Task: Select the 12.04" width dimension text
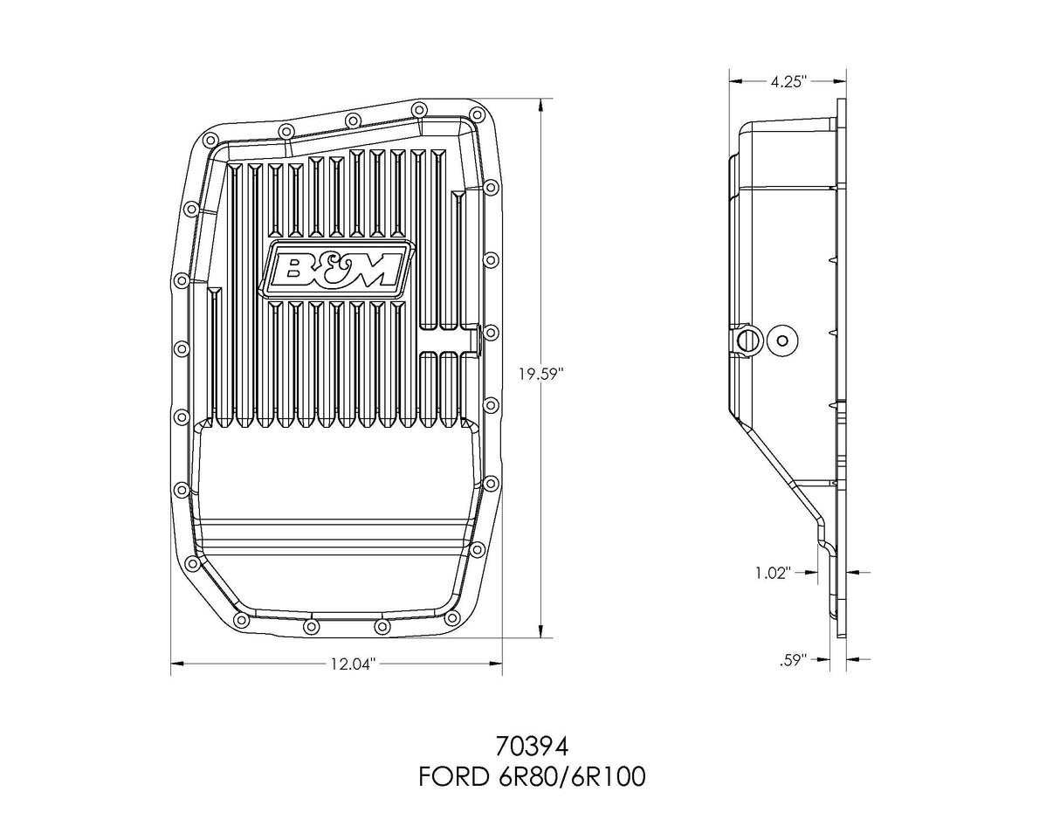tap(352, 665)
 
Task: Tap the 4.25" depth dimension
tap(788, 81)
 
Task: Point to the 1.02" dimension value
tap(772, 573)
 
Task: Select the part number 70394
tap(531, 747)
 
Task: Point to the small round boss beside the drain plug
tap(781, 341)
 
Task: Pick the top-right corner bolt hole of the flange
tap(477, 114)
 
